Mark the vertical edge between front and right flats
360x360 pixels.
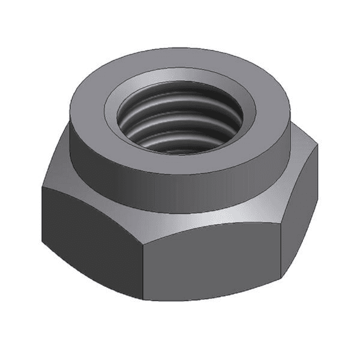pyautogui.click(x=281, y=252)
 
